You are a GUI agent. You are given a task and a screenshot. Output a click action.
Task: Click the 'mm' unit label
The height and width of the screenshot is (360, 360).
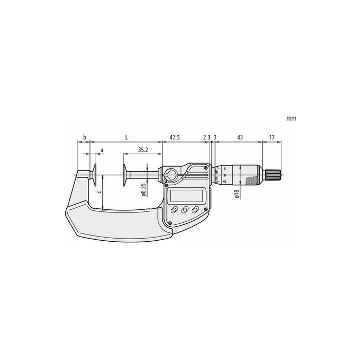pos(292,118)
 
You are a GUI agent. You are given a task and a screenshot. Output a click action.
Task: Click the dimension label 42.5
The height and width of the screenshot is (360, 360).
pos(174,137)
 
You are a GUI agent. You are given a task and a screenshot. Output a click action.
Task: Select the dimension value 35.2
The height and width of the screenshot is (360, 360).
pos(143,150)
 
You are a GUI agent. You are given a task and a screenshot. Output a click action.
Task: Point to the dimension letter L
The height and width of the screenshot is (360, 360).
pos(127,137)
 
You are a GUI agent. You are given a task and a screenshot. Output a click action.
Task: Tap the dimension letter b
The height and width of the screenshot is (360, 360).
pos(84,137)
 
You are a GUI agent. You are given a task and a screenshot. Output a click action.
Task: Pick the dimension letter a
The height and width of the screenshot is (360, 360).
pos(102,150)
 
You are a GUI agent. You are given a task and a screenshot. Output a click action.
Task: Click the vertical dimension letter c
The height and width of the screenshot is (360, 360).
pos(99,192)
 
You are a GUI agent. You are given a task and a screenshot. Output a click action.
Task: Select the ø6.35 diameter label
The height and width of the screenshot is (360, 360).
pos(143,189)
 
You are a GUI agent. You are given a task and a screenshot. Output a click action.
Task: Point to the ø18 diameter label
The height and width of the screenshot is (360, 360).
pos(237,194)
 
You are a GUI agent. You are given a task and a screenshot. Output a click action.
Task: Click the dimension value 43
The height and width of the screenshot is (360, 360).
pos(240,137)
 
